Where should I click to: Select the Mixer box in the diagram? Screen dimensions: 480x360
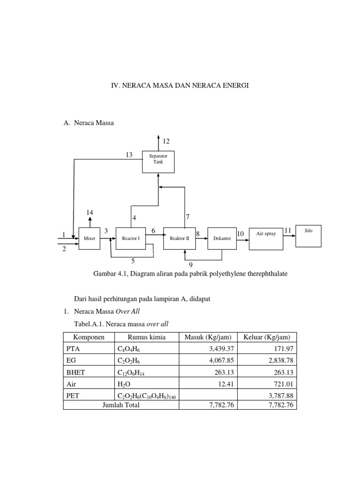coord(89,238)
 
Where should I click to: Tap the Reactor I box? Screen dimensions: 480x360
coord(131,238)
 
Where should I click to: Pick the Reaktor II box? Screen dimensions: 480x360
coord(180,238)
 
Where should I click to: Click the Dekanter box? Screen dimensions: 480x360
coord(222,239)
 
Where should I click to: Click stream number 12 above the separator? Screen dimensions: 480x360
coord(166,141)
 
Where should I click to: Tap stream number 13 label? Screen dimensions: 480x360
coord(129,155)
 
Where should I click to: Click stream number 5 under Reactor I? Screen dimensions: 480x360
coord(133,261)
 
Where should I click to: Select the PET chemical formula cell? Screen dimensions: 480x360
coord(147,396)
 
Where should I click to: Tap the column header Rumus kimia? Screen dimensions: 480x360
coord(146,337)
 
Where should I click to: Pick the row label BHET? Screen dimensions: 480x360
coord(75,372)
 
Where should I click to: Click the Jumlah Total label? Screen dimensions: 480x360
coord(121,405)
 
